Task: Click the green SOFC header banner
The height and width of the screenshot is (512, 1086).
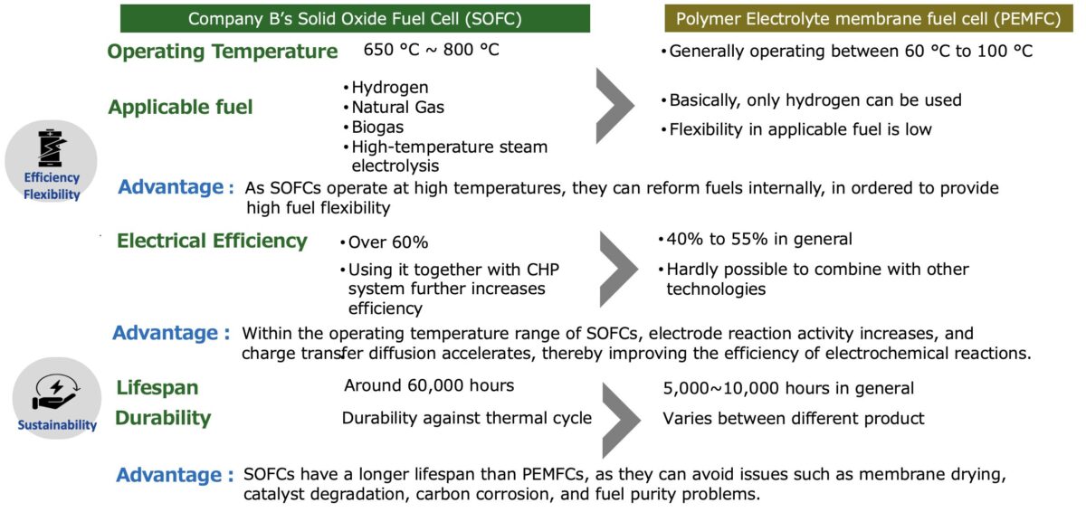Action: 355,18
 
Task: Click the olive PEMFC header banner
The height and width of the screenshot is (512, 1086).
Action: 868,18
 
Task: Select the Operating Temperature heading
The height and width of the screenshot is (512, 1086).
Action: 223,52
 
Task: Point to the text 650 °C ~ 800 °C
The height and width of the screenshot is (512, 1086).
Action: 431,50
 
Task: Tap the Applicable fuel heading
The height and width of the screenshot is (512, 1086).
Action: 180,107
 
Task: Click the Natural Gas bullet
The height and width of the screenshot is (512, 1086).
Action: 394,107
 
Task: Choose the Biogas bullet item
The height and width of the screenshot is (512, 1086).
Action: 373,127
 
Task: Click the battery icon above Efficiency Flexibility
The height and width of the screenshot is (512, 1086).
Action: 52,148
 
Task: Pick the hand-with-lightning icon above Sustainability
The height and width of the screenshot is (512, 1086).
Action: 55,392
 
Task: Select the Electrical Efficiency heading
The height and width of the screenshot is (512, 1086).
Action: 212,241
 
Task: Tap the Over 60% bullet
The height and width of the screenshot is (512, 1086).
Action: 384,242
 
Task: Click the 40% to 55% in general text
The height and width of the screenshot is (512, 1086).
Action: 756,240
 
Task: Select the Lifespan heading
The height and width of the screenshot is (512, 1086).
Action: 157,387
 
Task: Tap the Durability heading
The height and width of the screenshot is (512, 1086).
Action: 163,418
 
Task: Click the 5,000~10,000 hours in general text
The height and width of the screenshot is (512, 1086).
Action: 788,388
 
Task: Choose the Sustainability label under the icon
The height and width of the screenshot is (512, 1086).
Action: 57,425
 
